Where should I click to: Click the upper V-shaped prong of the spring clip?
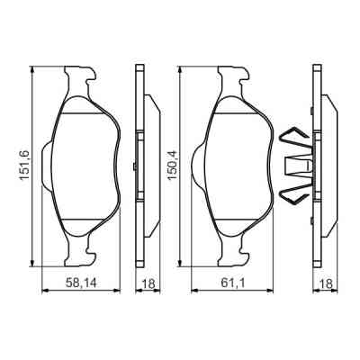pyautogui.click(x=293, y=139)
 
